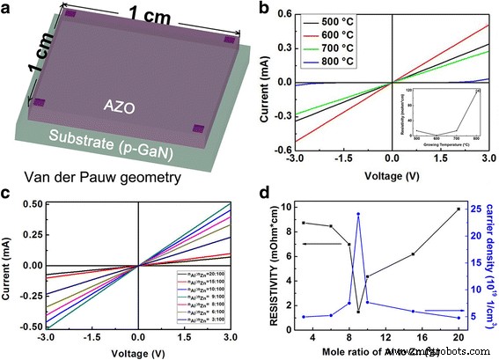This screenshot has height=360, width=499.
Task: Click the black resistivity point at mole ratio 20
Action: tap(458, 209)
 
